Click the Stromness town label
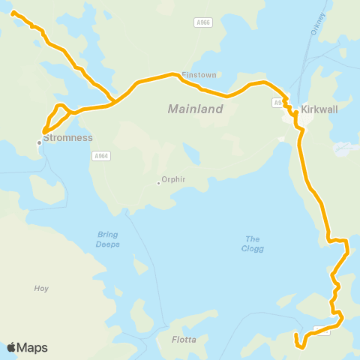click(68, 138)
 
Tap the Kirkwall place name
click(319, 109)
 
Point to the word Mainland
click(195, 109)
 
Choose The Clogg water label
click(253, 244)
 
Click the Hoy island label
click(42, 288)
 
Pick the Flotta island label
click(183, 340)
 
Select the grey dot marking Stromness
click(40, 142)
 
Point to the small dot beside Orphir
click(158, 181)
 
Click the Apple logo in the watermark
click(11, 347)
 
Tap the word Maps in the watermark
click(32, 347)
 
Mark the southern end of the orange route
click(299, 346)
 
